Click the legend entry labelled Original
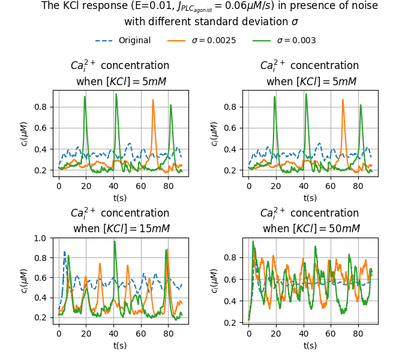(134, 41)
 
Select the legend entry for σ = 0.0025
(214, 41)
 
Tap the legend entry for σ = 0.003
(296, 41)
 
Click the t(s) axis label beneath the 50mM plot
(310, 345)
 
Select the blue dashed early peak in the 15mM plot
(64, 252)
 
